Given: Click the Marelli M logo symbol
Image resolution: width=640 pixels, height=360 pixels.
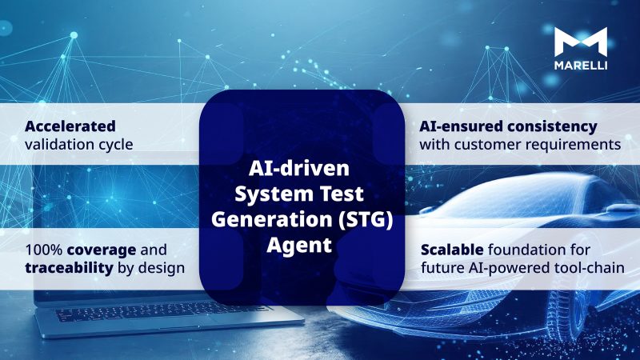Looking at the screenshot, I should [x=581, y=42].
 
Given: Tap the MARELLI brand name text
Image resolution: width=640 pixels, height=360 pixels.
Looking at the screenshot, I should [x=581, y=65].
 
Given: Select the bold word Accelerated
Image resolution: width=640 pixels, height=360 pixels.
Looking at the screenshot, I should [x=70, y=126].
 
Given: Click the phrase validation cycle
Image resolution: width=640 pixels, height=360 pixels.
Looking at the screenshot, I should [x=78, y=145].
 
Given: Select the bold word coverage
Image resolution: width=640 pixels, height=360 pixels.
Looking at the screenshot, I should [x=110, y=248].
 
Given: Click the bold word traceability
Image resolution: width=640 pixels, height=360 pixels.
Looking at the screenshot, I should [x=69, y=267].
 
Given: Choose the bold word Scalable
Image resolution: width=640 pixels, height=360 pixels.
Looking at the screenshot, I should [x=452, y=248].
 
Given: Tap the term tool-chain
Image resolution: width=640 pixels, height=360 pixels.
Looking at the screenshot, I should [x=590, y=267].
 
